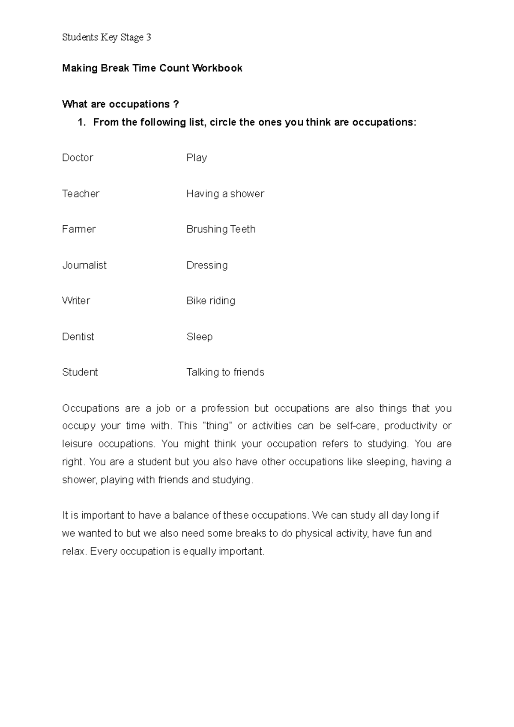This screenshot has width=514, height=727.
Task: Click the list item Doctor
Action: point(78,158)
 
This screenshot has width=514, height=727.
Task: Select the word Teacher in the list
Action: point(81,194)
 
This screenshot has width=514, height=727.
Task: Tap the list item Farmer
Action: point(79,229)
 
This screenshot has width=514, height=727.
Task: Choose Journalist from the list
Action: point(84,265)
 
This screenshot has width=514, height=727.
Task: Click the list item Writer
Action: point(76,301)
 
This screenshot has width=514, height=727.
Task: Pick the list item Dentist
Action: point(78,337)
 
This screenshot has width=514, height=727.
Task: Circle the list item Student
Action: point(80,372)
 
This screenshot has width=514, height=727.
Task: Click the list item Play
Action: point(197,158)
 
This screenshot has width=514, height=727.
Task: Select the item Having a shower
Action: point(225,194)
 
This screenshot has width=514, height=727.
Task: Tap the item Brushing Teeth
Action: point(221,229)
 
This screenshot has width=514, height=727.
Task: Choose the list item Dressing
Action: point(207,265)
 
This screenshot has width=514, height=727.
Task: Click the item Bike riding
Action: point(211,301)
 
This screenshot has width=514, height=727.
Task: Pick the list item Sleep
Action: point(200,337)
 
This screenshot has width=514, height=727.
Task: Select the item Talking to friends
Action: point(225,372)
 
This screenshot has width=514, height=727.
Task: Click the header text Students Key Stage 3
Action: point(107,38)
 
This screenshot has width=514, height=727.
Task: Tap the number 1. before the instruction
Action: point(81,122)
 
